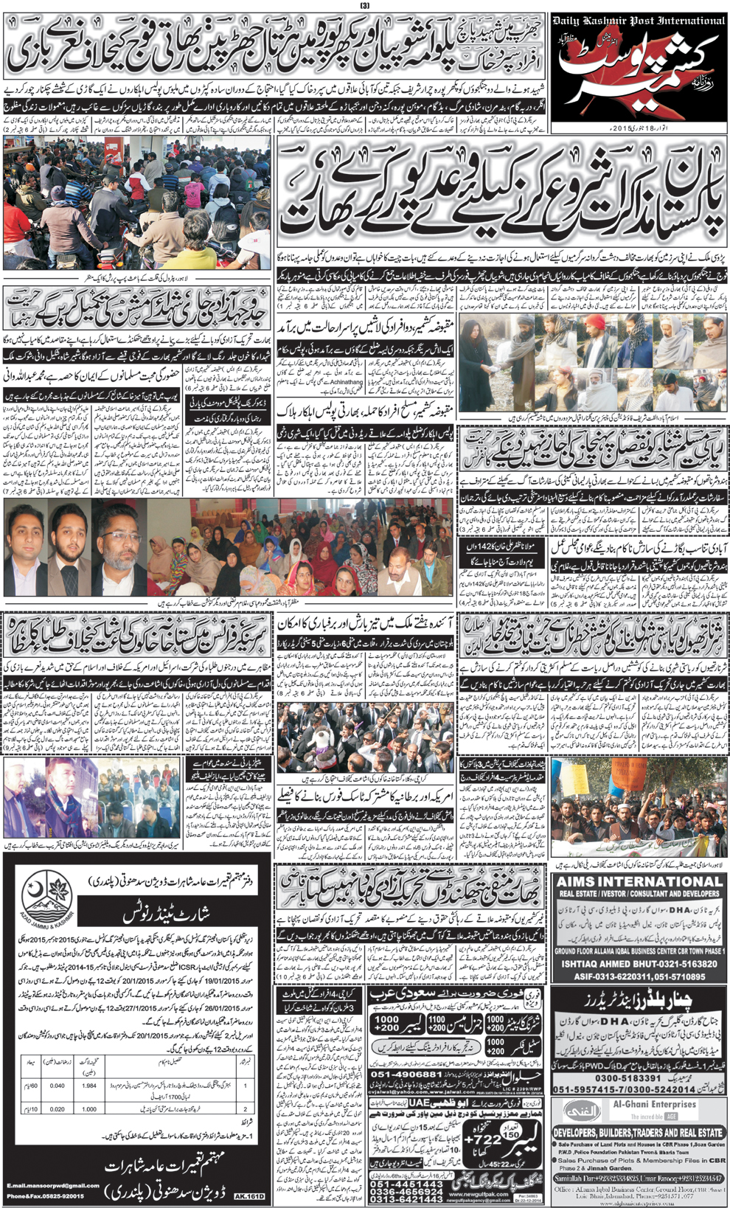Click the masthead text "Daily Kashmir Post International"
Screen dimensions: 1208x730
(x=639, y=21)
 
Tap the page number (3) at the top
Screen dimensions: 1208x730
(x=364, y=6)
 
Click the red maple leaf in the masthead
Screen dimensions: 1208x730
(x=590, y=81)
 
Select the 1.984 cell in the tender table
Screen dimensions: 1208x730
(x=89, y=1086)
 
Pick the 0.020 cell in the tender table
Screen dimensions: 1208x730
(x=57, y=1108)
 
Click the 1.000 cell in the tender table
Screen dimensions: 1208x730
(x=89, y=1108)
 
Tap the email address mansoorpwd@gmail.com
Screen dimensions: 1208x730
(x=53, y=1185)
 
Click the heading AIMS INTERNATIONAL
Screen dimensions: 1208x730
(x=639, y=881)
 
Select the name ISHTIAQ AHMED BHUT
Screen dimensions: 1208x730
(x=639, y=964)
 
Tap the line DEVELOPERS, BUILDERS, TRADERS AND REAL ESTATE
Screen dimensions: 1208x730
(x=639, y=1132)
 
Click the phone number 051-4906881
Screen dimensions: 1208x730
(x=407, y=1074)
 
